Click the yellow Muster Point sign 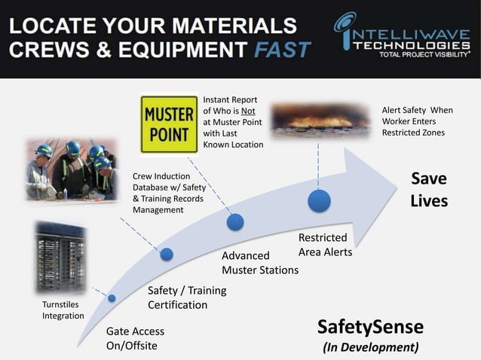tap(170, 124)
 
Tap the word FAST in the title tap(282, 50)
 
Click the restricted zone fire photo tap(320, 120)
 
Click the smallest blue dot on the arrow tap(112, 297)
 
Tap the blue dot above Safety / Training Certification tap(167, 255)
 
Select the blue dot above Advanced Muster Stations tap(235, 221)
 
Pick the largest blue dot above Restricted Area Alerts tap(319, 201)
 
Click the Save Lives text tap(429, 190)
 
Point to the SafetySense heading tap(370, 327)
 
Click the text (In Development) tap(370, 347)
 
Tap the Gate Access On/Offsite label tap(135, 338)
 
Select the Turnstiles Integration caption tap(63, 310)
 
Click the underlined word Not tap(248, 111)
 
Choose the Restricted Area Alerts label tap(325, 245)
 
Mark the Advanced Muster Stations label tap(259, 263)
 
